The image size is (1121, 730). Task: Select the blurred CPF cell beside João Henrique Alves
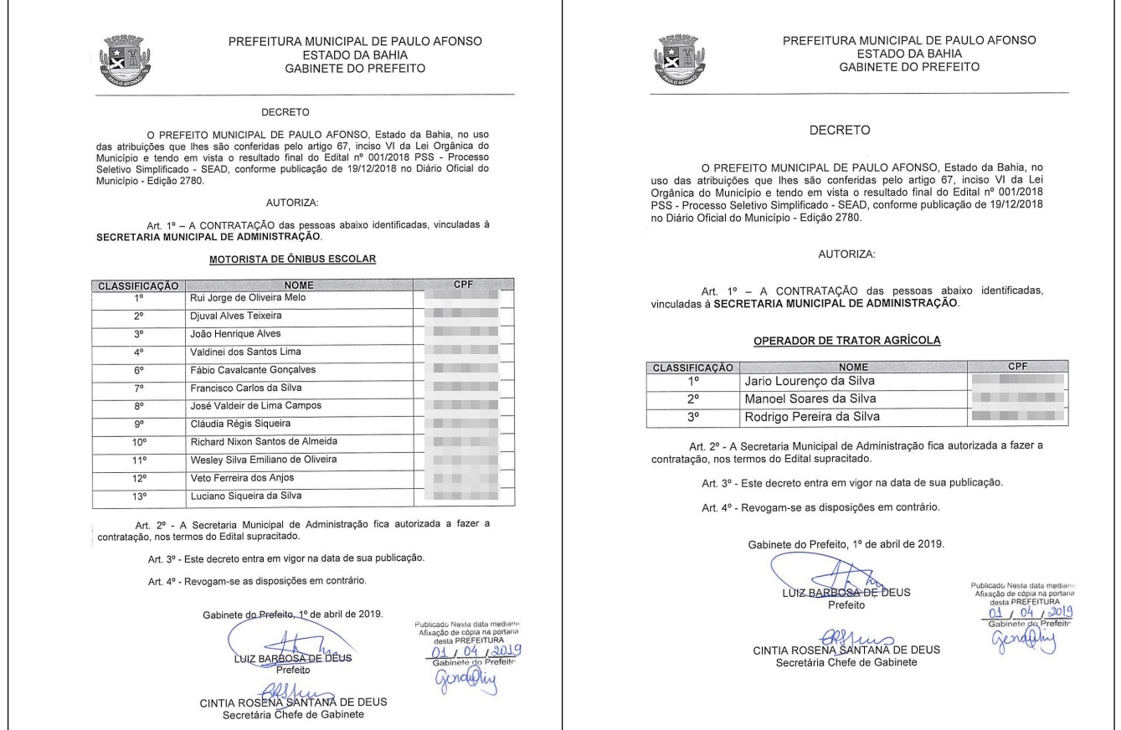click(462, 333)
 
